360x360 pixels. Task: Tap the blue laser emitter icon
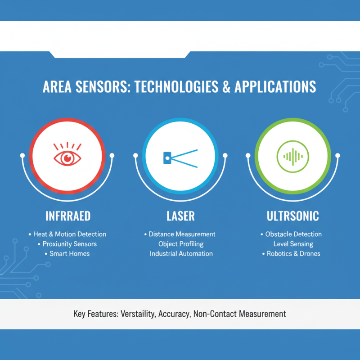(x=180, y=157)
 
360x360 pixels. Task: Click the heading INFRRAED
(x=68, y=216)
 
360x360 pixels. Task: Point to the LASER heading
(x=180, y=216)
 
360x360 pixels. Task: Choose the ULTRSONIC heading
(x=292, y=216)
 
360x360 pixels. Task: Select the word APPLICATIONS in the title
(x=275, y=87)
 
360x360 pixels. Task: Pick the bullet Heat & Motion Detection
(x=70, y=234)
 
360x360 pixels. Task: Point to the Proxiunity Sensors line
(x=70, y=244)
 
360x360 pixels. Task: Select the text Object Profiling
(x=181, y=244)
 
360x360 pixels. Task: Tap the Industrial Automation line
(x=181, y=254)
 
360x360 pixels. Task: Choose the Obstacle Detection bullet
(x=293, y=234)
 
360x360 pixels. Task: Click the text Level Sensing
(x=293, y=244)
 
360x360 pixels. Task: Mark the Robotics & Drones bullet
(x=293, y=254)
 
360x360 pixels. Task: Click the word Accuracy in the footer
(x=174, y=314)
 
